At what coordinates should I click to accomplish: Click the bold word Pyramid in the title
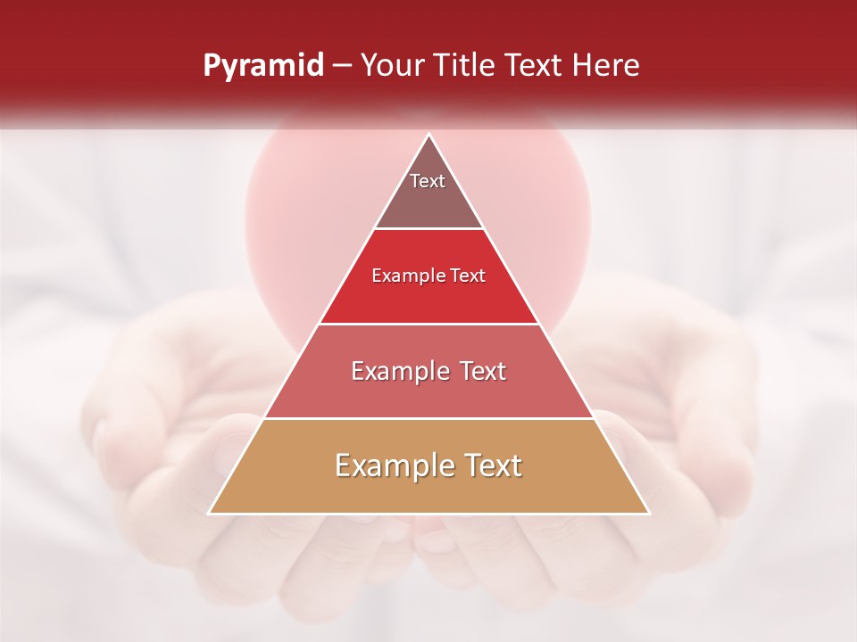click(262, 66)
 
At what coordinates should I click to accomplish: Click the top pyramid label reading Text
click(428, 181)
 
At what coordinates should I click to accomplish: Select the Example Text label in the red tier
click(428, 276)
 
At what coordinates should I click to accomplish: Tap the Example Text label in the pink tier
click(428, 371)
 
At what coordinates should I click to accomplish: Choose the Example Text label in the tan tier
click(428, 465)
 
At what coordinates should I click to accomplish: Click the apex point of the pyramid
click(429, 135)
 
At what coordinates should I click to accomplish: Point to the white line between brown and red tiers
click(428, 229)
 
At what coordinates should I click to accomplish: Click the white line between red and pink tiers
click(428, 324)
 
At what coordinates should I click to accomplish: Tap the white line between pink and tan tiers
click(428, 418)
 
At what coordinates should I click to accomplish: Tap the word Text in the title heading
click(536, 66)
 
